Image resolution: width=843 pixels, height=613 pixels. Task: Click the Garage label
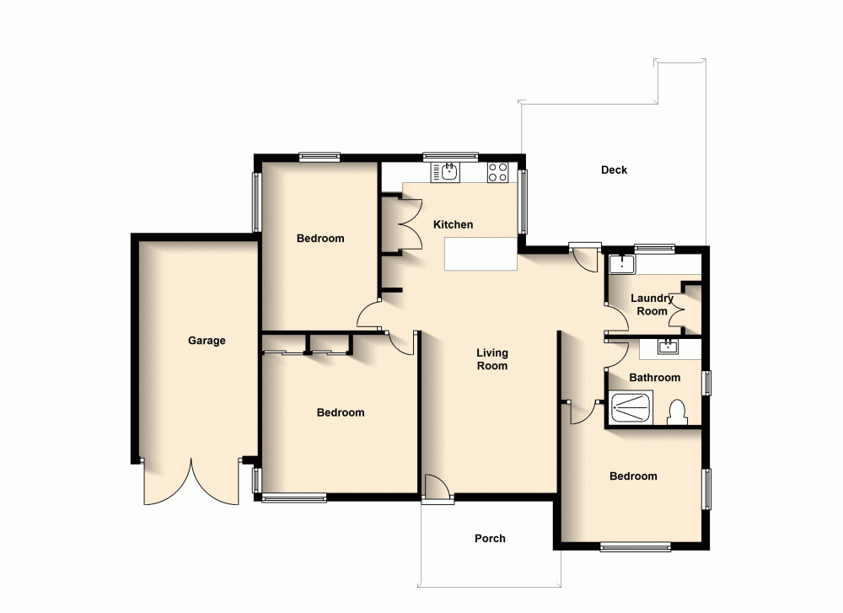click(x=207, y=341)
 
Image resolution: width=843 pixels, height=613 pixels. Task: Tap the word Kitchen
click(x=453, y=224)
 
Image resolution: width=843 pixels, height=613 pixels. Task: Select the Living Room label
click(x=492, y=359)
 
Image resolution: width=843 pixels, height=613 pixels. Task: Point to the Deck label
click(x=614, y=169)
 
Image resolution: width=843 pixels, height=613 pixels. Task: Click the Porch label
click(x=490, y=538)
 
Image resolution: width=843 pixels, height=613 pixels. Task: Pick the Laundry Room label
click(x=652, y=304)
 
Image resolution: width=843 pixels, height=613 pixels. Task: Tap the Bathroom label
click(x=654, y=377)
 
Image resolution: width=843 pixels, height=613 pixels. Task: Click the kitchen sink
click(x=449, y=173)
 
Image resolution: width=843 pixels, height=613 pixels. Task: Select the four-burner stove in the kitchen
click(x=498, y=173)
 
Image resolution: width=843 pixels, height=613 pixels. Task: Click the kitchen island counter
click(x=480, y=254)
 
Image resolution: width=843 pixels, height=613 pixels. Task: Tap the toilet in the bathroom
click(x=676, y=412)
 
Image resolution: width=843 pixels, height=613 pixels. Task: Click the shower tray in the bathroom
click(x=629, y=409)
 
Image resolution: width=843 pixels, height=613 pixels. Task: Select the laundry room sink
click(x=621, y=263)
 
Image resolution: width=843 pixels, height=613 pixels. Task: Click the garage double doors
click(x=192, y=483)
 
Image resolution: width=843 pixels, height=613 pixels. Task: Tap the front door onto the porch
click(x=437, y=489)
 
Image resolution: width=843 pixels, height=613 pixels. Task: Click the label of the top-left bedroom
click(x=320, y=239)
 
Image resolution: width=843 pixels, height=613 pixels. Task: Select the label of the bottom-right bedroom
click(x=633, y=476)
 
